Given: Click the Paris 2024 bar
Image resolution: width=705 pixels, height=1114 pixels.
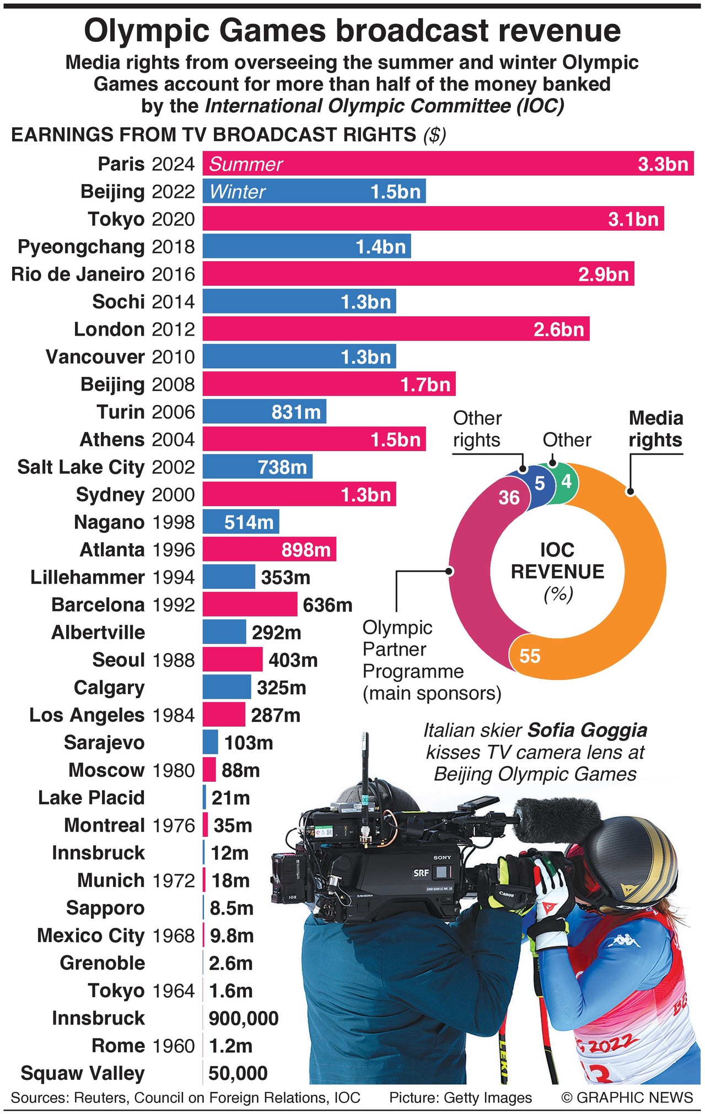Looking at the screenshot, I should [x=448, y=164].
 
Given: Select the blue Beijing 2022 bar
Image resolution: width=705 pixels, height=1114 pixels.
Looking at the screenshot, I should [x=314, y=191].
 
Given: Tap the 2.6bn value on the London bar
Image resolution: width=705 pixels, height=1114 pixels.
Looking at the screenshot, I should [x=558, y=329].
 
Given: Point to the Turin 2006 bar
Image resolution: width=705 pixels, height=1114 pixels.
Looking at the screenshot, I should [x=264, y=412].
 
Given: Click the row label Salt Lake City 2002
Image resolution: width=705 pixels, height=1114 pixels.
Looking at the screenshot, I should [x=106, y=467].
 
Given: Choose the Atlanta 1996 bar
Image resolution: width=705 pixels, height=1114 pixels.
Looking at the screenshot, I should [x=269, y=550].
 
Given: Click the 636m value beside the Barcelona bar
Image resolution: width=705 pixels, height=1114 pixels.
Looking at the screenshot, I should [x=327, y=605].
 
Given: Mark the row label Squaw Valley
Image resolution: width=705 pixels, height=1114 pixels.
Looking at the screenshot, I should [x=83, y=1073].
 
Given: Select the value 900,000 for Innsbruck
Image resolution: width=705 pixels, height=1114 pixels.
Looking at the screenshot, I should [x=243, y=1018].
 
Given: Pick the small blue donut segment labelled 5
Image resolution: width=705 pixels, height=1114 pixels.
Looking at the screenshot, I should [x=539, y=484].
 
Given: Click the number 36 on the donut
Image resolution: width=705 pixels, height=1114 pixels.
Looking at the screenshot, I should [x=509, y=497].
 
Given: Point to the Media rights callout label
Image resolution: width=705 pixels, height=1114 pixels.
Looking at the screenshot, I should [x=655, y=429].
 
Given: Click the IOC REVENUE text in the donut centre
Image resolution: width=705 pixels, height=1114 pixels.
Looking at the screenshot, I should [x=557, y=561].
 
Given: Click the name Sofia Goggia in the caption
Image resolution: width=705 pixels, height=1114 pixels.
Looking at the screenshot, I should [x=587, y=730].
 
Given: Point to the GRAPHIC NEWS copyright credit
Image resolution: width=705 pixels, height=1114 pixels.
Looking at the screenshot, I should [x=627, y=1097].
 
